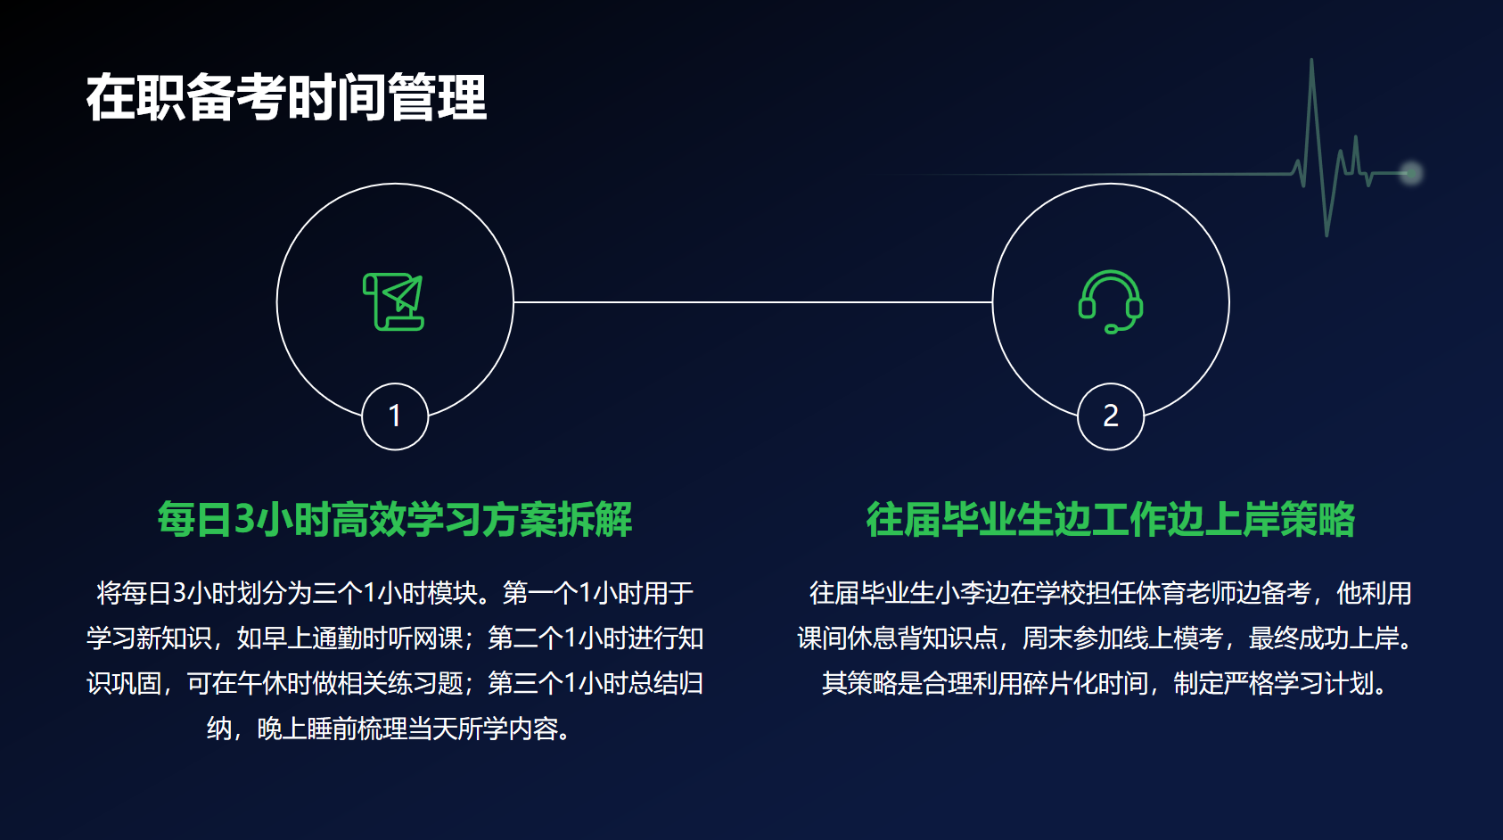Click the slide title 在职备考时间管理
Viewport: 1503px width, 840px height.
tap(286, 98)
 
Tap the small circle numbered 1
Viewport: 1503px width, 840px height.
tap(395, 416)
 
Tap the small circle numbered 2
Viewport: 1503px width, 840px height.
tap(1111, 416)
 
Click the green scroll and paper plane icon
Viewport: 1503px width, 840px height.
tap(393, 301)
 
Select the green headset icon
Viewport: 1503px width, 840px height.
tap(1111, 301)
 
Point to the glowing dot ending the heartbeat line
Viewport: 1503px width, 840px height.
tap(1411, 173)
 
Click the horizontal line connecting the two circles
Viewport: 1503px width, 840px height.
tap(753, 302)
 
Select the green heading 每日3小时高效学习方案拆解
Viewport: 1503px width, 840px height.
tap(395, 519)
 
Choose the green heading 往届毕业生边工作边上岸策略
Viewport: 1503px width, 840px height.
tap(1111, 519)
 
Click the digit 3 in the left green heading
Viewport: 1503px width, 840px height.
tap(245, 519)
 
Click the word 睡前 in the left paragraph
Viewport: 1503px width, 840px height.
tap(332, 729)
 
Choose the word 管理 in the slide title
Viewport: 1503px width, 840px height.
tap(437, 98)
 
